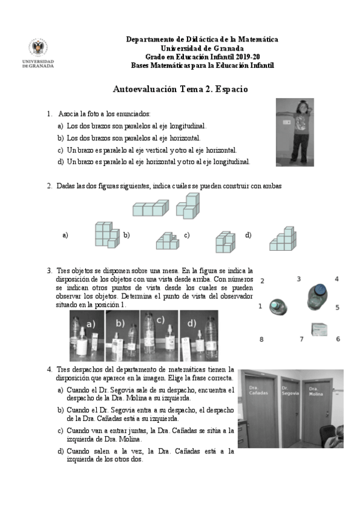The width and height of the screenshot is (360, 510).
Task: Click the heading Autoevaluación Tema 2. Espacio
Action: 180,89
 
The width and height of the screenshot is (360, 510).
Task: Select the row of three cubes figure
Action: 150,209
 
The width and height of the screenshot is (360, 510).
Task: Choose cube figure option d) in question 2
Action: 281,239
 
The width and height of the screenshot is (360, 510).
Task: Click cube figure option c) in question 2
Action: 225,241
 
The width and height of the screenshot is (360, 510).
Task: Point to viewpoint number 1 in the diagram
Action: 260,306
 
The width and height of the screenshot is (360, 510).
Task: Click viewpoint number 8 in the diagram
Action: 261,340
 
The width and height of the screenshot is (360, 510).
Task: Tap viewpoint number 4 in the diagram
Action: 337,279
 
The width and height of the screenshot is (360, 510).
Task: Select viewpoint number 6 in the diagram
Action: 338,339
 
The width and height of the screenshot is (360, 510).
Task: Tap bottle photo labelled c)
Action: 157,335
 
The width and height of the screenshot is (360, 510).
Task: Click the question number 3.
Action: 49,271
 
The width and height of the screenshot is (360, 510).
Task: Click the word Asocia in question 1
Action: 69,114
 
